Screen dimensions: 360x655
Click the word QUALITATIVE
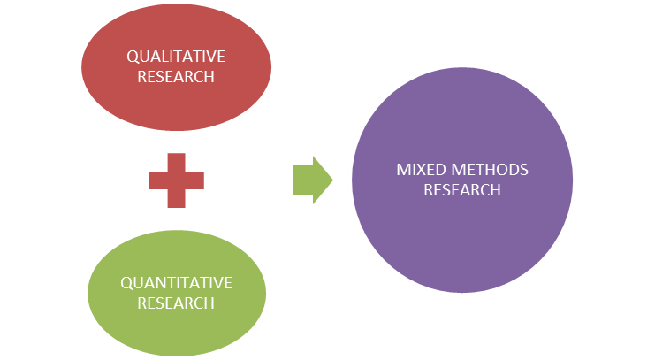pyautogui.click(x=176, y=57)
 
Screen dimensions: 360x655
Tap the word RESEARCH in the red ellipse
pyautogui.click(x=176, y=76)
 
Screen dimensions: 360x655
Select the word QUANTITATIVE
pyautogui.click(x=176, y=283)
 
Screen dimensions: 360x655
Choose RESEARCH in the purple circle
pyautogui.click(x=461, y=189)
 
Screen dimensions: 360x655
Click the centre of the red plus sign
pyautogui.click(x=176, y=180)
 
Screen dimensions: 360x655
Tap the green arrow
pyautogui.click(x=311, y=180)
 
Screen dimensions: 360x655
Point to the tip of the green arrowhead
pyautogui.click(x=332, y=180)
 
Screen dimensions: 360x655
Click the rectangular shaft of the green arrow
pyautogui.click(x=301, y=180)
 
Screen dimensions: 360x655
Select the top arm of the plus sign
pyautogui.click(x=176, y=162)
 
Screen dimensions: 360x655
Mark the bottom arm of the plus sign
pyautogui.click(x=176, y=199)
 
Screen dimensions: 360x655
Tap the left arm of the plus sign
pyautogui.click(x=157, y=180)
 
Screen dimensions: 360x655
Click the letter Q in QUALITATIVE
pyautogui.click(x=132, y=57)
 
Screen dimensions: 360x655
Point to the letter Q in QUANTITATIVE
pyautogui.click(x=125, y=283)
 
